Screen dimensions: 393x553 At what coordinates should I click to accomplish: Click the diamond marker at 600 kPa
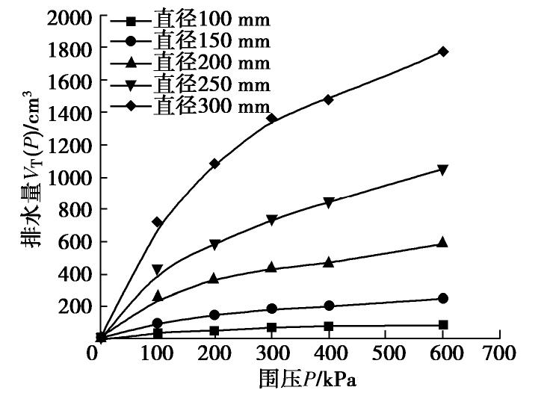point(443,52)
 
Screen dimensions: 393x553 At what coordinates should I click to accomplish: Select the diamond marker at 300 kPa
point(271,118)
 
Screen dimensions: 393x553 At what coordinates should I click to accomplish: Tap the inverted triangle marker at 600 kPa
point(443,170)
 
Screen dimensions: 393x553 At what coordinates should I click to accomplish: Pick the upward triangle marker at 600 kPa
point(443,242)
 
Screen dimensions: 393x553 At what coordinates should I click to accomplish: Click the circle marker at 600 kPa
point(443,298)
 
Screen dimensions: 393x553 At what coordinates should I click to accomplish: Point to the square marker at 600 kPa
point(443,325)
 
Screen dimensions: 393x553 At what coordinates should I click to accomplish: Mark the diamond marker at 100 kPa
point(158,222)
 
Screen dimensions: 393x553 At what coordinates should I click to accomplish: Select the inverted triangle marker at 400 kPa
point(329,202)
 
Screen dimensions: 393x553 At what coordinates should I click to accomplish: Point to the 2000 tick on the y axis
point(69,16)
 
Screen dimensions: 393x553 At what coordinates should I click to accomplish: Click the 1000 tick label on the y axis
point(69,178)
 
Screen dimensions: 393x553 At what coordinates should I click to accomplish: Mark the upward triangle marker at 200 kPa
point(214,278)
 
